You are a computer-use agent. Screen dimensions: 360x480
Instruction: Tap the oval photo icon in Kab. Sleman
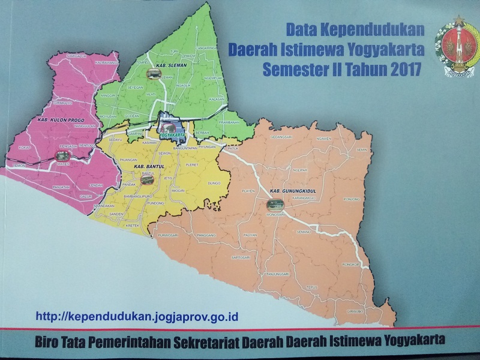[154, 74]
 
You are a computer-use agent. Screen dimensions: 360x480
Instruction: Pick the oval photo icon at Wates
[62, 156]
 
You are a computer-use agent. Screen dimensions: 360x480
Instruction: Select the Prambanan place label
[229, 122]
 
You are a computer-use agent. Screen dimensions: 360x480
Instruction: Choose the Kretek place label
[133, 226]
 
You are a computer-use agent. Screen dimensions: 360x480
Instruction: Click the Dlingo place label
[214, 182]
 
